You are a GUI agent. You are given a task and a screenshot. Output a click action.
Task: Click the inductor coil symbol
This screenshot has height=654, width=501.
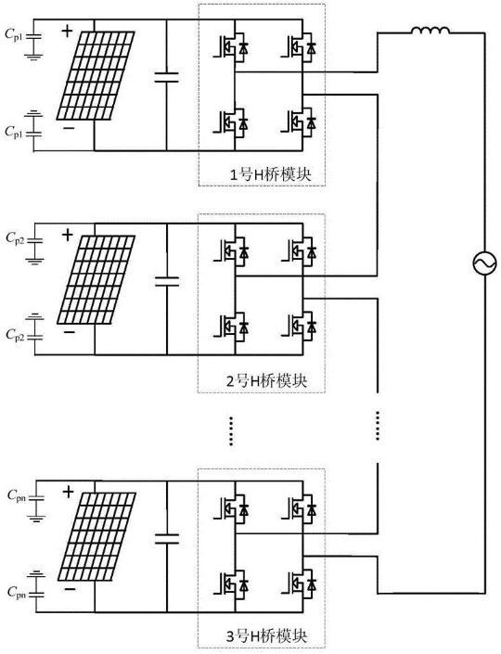[x=430, y=31]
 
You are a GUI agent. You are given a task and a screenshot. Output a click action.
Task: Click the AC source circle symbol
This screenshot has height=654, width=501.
[x=484, y=263]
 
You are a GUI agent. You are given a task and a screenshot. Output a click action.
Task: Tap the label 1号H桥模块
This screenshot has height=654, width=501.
[x=271, y=174]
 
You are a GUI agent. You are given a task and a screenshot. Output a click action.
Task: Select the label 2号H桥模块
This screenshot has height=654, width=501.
[x=267, y=381]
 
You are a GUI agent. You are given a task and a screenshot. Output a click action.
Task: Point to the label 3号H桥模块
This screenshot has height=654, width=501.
[x=267, y=636]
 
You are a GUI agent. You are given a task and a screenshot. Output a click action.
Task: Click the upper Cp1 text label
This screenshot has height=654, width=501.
[x=14, y=35]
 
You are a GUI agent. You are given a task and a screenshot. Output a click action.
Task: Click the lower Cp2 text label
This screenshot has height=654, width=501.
[x=15, y=335]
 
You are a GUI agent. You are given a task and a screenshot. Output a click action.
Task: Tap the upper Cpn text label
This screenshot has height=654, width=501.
[x=17, y=496]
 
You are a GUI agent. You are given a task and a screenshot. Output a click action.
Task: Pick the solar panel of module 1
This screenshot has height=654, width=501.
[x=96, y=75]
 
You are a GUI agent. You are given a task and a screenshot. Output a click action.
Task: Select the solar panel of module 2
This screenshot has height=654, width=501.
[x=96, y=280]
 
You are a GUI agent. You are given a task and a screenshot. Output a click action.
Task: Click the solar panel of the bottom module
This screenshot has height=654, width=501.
[x=96, y=536]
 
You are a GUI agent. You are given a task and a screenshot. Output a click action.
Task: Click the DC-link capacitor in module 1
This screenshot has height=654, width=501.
[x=166, y=77]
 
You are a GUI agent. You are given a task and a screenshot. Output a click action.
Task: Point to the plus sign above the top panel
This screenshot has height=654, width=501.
[x=67, y=32]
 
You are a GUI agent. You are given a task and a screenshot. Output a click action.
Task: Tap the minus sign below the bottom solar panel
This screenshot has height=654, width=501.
[x=71, y=589]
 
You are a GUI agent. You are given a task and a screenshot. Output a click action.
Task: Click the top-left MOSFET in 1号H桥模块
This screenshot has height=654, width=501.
[x=230, y=46]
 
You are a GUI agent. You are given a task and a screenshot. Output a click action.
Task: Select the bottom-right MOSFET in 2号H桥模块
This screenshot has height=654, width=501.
[x=298, y=327]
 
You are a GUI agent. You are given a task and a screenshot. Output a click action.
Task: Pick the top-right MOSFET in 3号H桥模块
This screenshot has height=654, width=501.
[x=298, y=507]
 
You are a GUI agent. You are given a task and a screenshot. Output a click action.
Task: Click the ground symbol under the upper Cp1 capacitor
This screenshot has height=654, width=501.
[x=33, y=56]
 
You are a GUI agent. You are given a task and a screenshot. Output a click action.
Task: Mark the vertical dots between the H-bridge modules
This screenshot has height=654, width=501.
[x=232, y=430]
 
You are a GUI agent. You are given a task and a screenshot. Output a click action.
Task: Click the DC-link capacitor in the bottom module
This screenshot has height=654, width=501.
[x=167, y=538]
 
